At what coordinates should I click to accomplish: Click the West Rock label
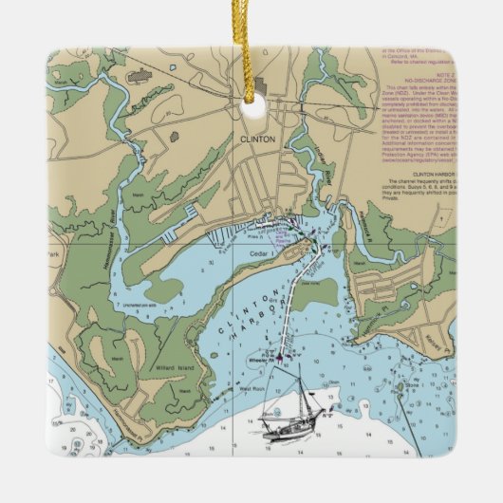(x=251, y=389)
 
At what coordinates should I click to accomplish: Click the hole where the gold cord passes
(x=252, y=108)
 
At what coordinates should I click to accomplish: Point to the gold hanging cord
(x=251, y=47)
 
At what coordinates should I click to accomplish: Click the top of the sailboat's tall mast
(x=299, y=368)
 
